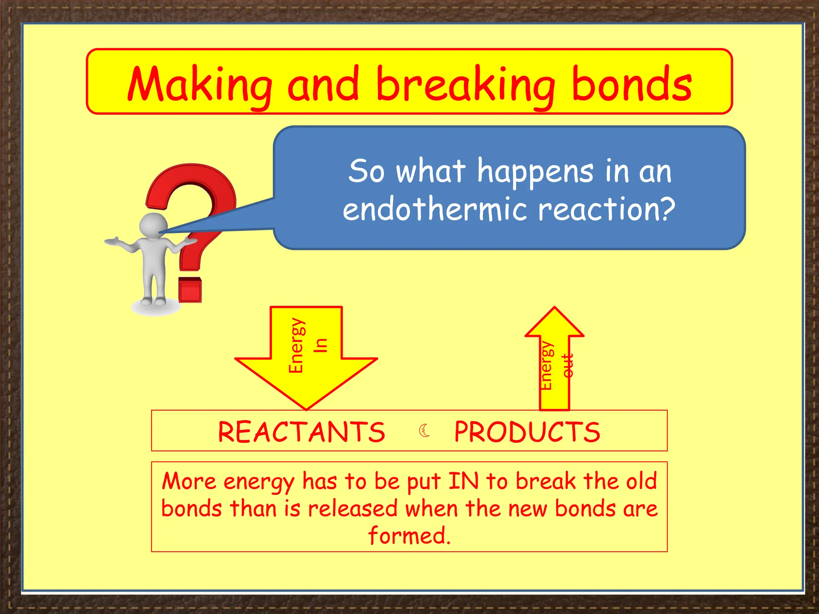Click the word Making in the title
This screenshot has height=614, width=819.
(x=200, y=85)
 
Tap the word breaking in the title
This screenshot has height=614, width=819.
(x=466, y=85)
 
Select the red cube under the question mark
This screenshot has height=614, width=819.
(x=190, y=289)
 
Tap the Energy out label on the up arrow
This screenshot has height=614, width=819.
(x=556, y=366)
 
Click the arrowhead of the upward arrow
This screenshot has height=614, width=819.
(x=555, y=322)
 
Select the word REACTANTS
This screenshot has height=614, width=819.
(x=302, y=432)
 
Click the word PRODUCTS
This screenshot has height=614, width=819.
(x=527, y=432)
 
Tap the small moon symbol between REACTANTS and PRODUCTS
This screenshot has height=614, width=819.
(x=424, y=431)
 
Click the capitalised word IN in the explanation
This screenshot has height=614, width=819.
(x=463, y=481)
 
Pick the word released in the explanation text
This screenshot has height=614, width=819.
(x=353, y=509)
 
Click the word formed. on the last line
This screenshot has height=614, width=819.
(x=409, y=536)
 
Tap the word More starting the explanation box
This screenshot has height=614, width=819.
(x=189, y=481)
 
